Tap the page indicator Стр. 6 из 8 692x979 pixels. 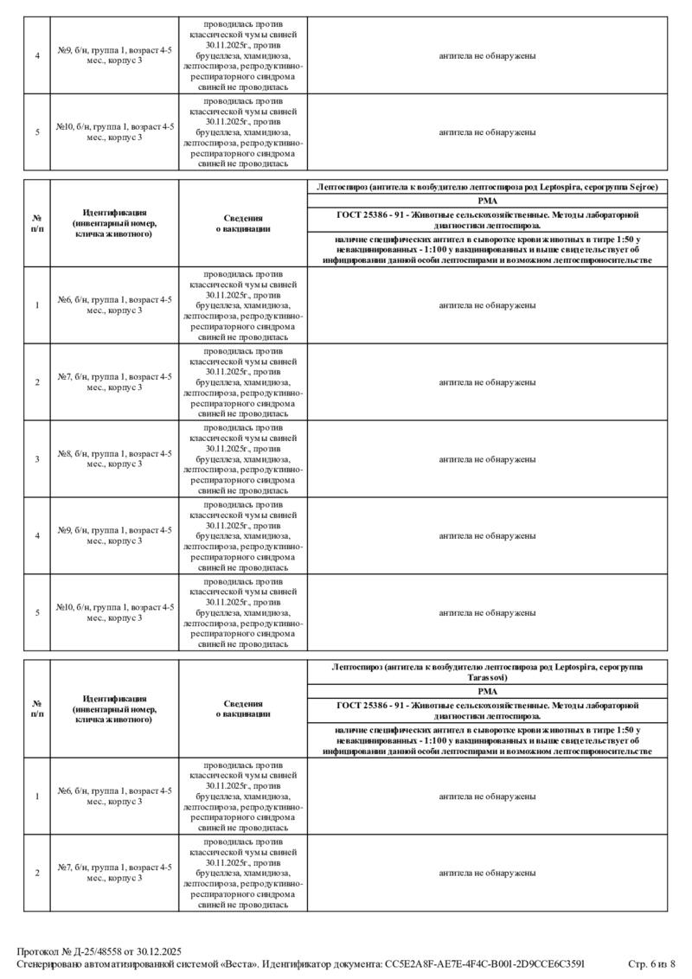[x=651, y=963]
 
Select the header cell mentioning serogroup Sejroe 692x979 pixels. [x=487, y=187]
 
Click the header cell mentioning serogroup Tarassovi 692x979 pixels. [x=487, y=672]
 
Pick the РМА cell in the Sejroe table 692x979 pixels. [x=487, y=201]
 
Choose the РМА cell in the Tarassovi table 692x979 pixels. [x=487, y=691]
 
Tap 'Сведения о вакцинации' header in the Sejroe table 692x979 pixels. [x=243, y=224]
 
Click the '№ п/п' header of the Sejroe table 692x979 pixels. [x=37, y=224]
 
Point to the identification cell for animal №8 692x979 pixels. [x=114, y=458]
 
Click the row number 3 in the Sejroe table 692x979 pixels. [x=37, y=458]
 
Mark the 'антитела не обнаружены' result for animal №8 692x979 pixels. [x=487, y=458]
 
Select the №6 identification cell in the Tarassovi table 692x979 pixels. [x=114, y=797]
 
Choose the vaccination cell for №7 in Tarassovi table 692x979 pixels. [x=243, y=873]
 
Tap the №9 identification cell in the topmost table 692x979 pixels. [x=114, y=55]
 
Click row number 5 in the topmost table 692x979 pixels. [x=37, y=132]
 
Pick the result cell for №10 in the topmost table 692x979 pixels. [x=487, y=132]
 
